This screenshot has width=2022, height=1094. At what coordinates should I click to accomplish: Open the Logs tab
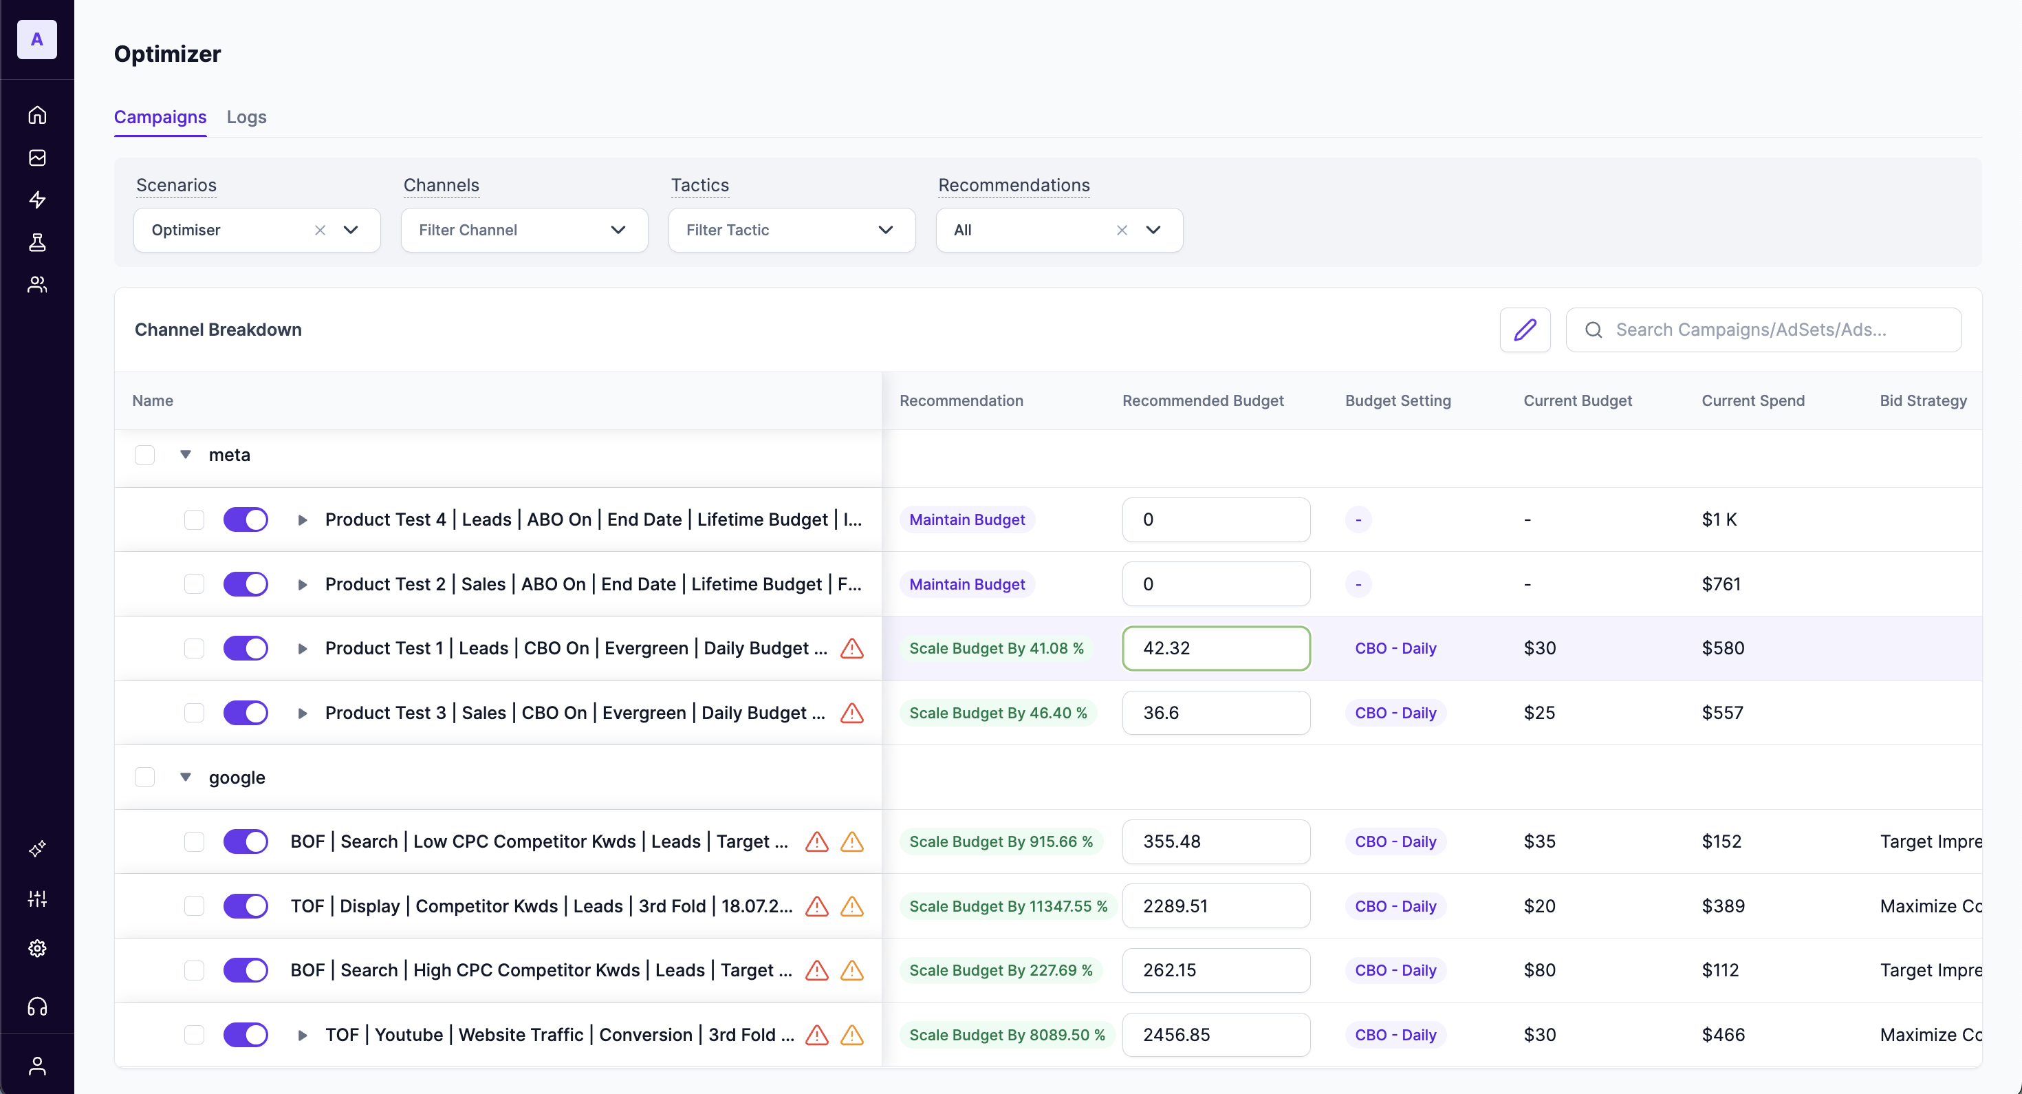pos(246,117)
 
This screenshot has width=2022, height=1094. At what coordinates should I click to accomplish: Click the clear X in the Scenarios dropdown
pos(320,230)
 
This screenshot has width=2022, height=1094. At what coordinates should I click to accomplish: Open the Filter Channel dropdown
pos(524,230)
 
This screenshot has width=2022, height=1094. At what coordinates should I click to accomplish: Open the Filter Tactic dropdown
pos(791,230)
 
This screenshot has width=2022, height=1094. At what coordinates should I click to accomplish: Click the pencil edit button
pos(1524,330)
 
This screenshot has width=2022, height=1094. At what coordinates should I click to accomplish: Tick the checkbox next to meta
pos(144,455)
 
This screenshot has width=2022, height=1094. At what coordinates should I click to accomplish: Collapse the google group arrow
pos(185,777)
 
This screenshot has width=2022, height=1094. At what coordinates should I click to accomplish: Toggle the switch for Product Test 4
pos(246,520)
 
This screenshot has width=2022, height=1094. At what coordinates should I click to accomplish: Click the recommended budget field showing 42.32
pos(1215,649)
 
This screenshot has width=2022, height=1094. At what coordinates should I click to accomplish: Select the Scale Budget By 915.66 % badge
pos(1000,842)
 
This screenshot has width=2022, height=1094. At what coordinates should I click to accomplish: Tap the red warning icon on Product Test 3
pos(851,713)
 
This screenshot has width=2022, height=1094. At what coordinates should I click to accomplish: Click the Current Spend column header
pos(1753,400)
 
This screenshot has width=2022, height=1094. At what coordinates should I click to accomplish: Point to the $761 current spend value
pos(1721,584)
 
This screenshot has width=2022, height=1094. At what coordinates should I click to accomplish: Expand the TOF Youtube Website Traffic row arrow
pos(302,1035)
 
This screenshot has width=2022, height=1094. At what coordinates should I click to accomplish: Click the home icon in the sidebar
pos(37,116)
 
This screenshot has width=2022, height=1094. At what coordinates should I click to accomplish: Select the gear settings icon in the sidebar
pos(37,949)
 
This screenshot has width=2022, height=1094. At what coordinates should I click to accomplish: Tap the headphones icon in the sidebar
pos(37,1007)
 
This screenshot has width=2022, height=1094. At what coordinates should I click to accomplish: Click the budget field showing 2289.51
pos(1215,906)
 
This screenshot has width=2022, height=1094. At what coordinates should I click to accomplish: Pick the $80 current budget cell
pos(1539,971)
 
